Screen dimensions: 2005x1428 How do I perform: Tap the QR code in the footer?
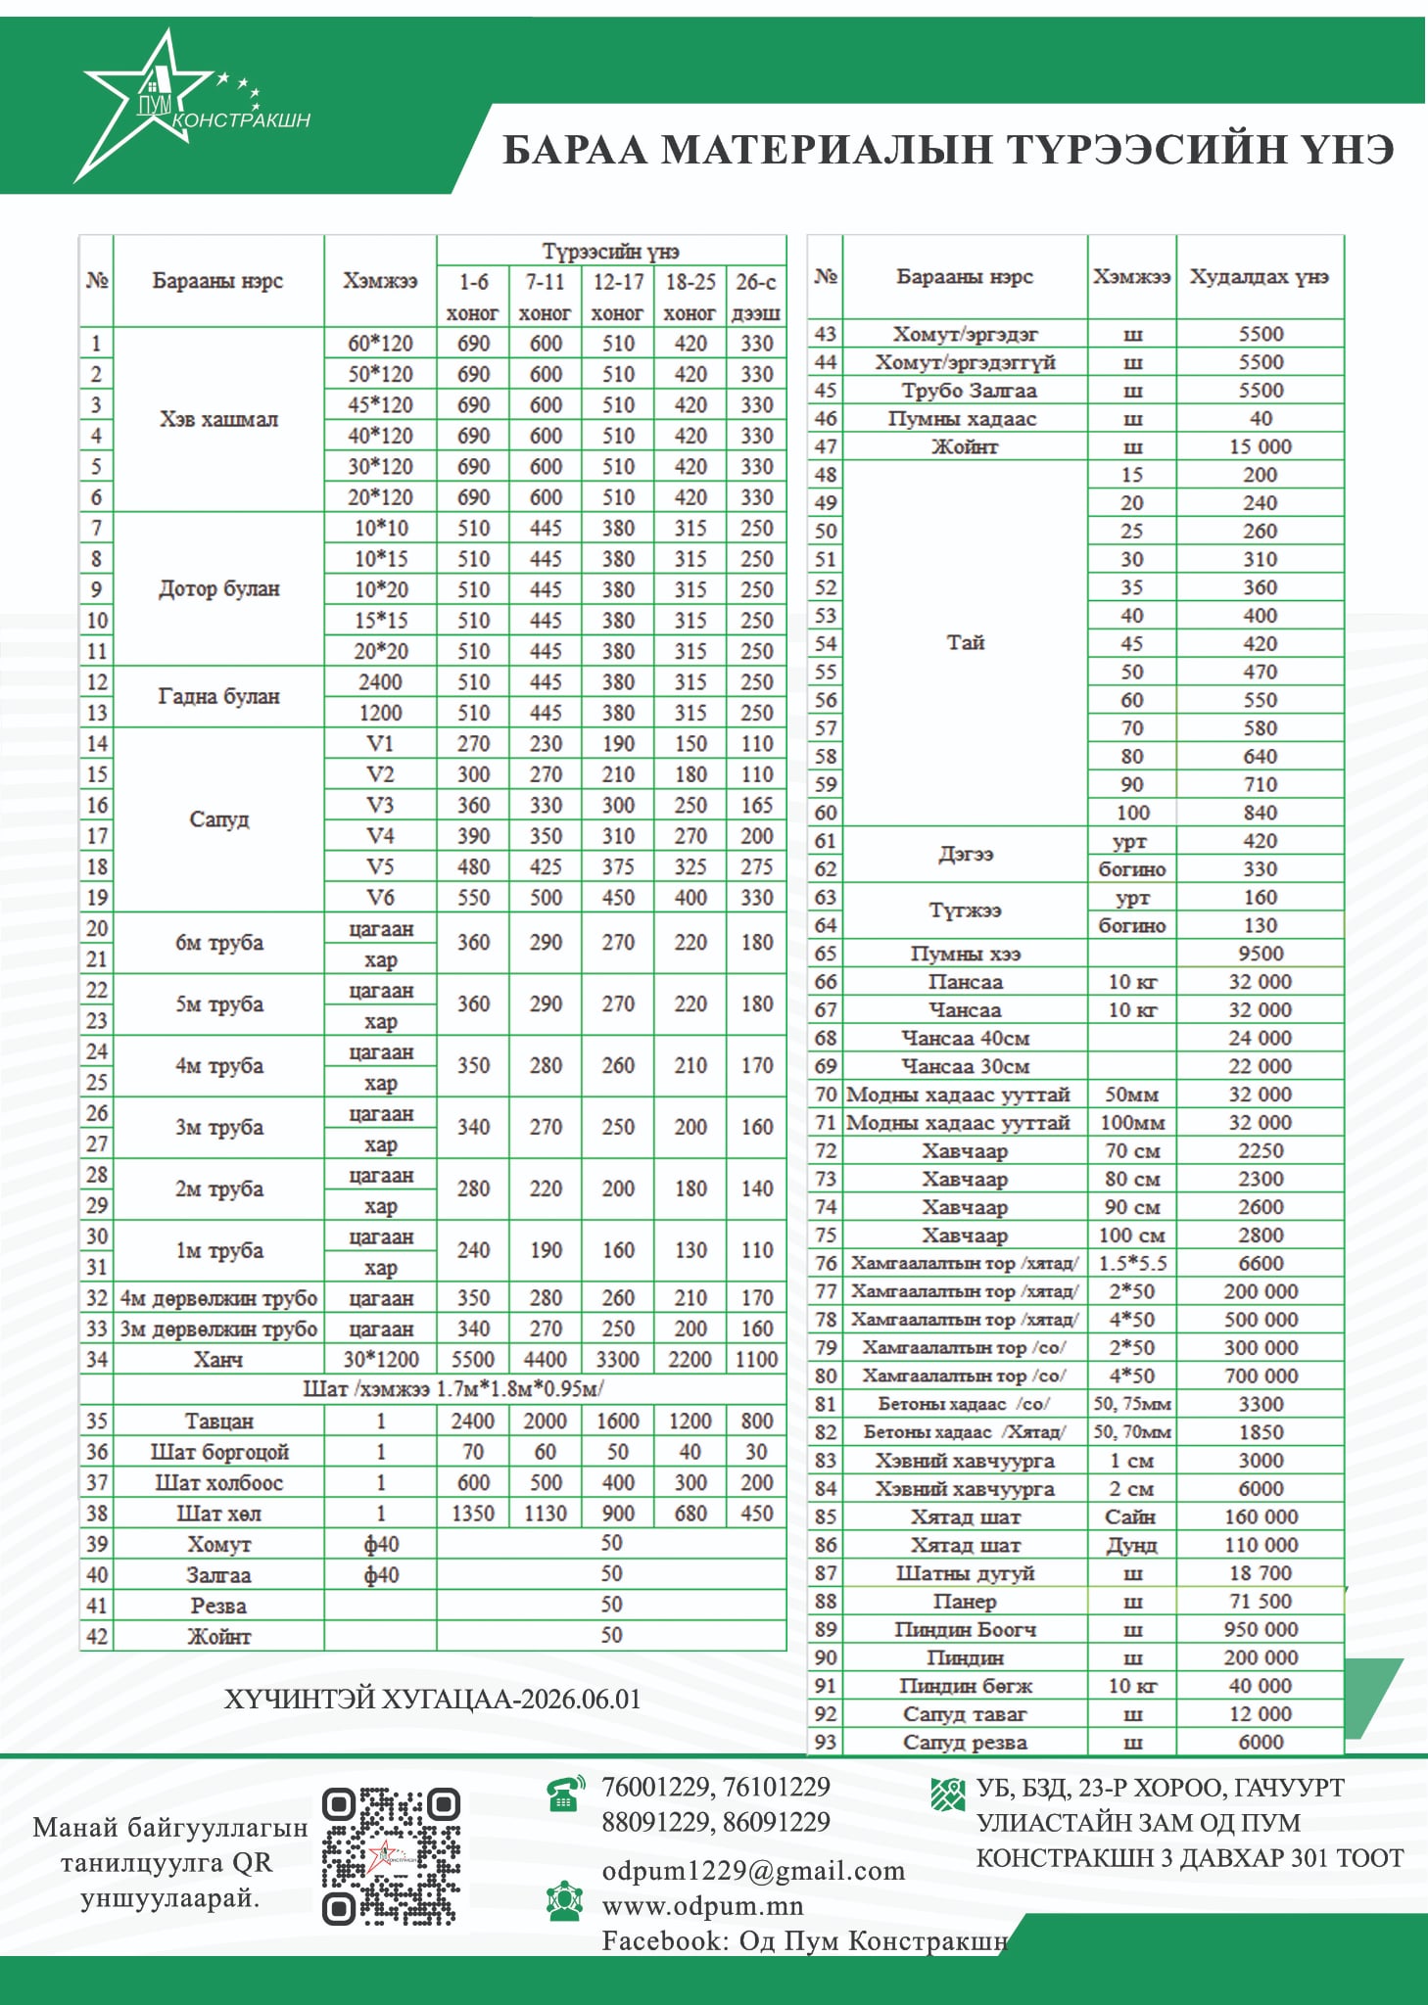pos(391,1856)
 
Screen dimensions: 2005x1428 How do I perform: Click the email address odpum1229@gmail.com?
pos(752,1871)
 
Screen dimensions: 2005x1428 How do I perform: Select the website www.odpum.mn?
pos(702,1906)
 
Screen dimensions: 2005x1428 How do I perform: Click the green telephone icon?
pos(565,1793)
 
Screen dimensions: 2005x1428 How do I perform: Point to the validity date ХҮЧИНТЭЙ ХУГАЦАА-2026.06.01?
pos(432,1699)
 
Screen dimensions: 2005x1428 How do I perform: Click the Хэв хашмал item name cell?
pos(218,419)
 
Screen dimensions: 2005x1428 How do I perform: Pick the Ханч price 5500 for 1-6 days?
pos(473,1359)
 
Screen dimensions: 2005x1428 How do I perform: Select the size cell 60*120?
pos(380,344)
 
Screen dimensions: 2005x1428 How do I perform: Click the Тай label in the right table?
pos(965,642)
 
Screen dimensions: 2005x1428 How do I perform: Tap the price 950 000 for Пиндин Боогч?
pos(1261,1629)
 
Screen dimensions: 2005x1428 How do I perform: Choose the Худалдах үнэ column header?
pos(1260,277)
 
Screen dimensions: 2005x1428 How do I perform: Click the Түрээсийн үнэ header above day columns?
pos(610,252)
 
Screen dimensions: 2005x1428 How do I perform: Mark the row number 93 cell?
pos(826,1742)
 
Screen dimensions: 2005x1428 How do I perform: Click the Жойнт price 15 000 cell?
pos(1261,446)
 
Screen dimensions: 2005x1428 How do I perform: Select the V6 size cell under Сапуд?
pos(380,897)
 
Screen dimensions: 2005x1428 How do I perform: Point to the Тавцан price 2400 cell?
pos(473,1421)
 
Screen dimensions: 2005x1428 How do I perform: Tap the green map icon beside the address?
pos(947,1794)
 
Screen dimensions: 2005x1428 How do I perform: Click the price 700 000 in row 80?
pos(1261,1376)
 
